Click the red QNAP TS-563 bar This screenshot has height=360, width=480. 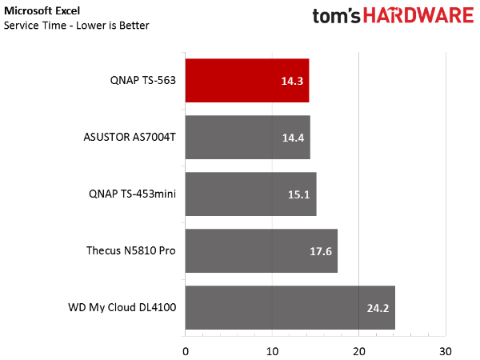tap(247, 81)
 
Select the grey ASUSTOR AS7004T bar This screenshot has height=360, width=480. tap(248, 137)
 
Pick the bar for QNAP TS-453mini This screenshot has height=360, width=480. tap(250, 194)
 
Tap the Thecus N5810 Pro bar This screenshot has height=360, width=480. tap(262, 250)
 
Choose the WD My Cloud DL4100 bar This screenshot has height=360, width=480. tap(290, 308)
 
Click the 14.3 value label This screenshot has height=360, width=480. tap(292, 81)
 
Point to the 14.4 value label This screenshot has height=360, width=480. tap(293, 138)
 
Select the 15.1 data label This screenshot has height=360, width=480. tap(298, 194)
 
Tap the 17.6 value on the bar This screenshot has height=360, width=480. tap(321, 252)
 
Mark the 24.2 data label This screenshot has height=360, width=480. tap(378, 308)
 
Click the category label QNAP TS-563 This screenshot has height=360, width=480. tap(143, 81)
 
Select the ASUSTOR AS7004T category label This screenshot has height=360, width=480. tap(130, 137)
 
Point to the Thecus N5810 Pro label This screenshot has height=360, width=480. tap(131, 250)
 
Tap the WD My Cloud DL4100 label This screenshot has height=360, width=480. tap(122, 307)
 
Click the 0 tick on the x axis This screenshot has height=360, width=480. tap(186, 352)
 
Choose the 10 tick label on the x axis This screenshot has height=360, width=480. tap(272, 352)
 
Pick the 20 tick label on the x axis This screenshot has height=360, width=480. tap(358, 352)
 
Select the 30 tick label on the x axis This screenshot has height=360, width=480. tap(446, 352)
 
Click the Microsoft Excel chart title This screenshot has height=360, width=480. tap(42, 11)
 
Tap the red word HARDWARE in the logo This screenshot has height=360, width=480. tap(418, 15)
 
